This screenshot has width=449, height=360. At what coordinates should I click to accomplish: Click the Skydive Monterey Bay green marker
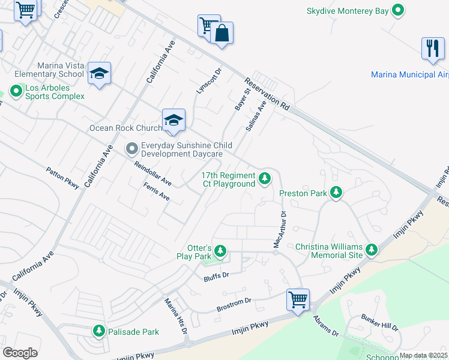point(397,11)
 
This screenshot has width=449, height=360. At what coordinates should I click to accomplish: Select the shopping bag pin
point(221,34)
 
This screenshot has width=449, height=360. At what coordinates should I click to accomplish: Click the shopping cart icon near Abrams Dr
point(298,298)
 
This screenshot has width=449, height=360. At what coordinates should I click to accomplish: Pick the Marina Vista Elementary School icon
point(99,73)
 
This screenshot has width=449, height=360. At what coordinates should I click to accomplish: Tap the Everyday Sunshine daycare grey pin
point(131,148)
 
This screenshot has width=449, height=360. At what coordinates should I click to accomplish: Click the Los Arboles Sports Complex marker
point(15,91)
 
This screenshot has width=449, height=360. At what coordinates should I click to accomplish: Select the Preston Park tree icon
point(337,193)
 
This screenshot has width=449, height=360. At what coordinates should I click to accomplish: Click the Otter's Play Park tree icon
point(220,251)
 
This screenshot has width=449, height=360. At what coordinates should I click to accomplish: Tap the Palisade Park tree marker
point(99,331)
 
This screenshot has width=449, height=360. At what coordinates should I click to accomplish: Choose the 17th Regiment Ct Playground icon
point(264,178)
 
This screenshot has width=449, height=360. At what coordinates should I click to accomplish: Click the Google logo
point(20,353)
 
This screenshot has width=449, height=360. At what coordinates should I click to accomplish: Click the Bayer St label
point(242,97)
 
